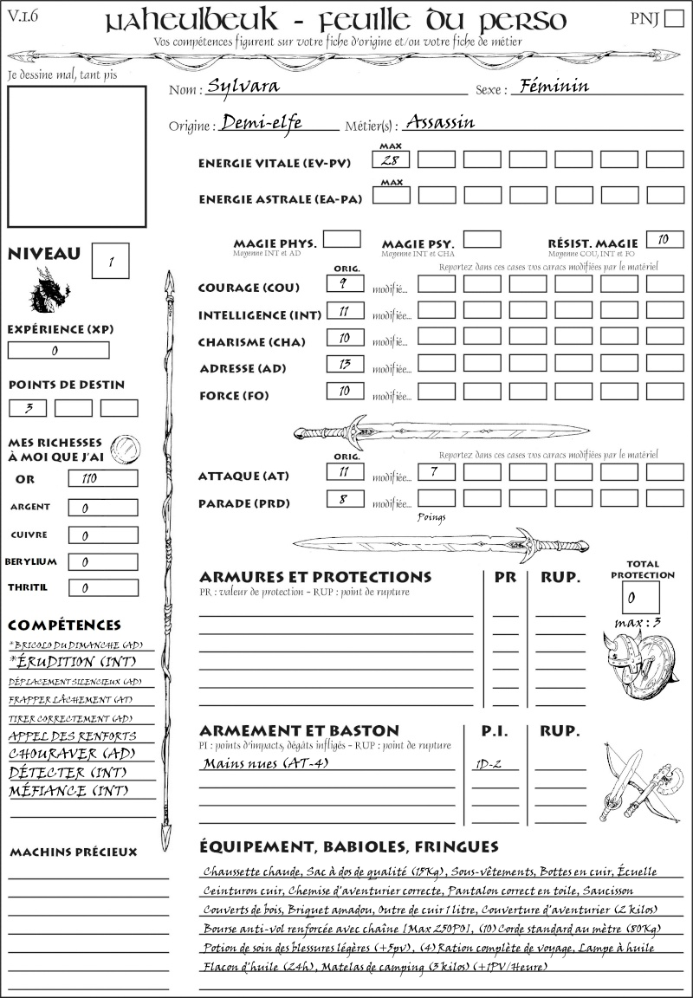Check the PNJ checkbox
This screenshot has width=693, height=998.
(673, 18)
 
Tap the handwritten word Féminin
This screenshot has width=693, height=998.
(550, 86)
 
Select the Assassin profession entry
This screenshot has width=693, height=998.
(440, 122)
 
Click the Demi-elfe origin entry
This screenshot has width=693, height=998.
(261, 123)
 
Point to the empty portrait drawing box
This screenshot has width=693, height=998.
(76, 156)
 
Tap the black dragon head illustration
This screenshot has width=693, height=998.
(49, 289)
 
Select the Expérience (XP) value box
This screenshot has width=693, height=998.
(58, 350)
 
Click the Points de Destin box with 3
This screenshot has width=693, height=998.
(29, 407)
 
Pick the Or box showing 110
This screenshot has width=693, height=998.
(103, 478)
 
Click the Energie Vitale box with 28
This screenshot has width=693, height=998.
(392, 159)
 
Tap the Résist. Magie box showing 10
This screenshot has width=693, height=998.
(664, 239)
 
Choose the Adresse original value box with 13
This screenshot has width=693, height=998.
(345, 365)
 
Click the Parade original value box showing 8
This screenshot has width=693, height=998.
(345, 499)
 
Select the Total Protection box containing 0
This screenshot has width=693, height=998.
(640, 597)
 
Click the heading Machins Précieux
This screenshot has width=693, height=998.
(74, 852)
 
